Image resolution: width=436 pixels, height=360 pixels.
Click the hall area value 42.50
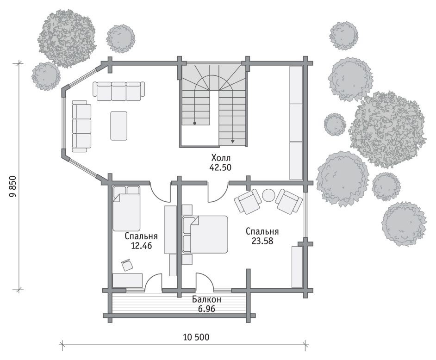[x=220, y=168]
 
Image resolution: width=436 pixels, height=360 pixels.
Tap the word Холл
[x=221, y=158]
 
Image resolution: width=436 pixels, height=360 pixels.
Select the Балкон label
[x=206, y=299]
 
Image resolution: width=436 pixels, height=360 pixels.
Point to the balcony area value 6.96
[x=206, y=309]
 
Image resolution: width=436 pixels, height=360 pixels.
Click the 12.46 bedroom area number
[x=141, y=245]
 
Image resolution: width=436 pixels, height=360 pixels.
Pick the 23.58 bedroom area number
[x=262, y=241]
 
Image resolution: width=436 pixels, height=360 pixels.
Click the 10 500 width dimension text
[x=196, y=337]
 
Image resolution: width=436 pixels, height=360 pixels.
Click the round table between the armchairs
[x=268, y=195]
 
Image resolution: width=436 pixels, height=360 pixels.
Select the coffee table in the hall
[x=119, y=126]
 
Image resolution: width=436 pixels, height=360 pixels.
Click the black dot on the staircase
[x=195, y=123]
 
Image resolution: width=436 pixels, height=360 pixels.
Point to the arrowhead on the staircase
[x=232, y=141]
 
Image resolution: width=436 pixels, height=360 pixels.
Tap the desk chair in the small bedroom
[x=127, y=265]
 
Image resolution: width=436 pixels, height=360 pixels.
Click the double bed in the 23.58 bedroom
[x=205, y=234]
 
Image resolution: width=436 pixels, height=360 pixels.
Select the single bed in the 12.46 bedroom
[x=126, y=208]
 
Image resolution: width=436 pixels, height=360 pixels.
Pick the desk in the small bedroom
[x=127, y=280]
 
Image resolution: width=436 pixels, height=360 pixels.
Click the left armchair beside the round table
[x=248, y=201]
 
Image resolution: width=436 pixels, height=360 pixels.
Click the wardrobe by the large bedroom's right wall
[x=297, y=267]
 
